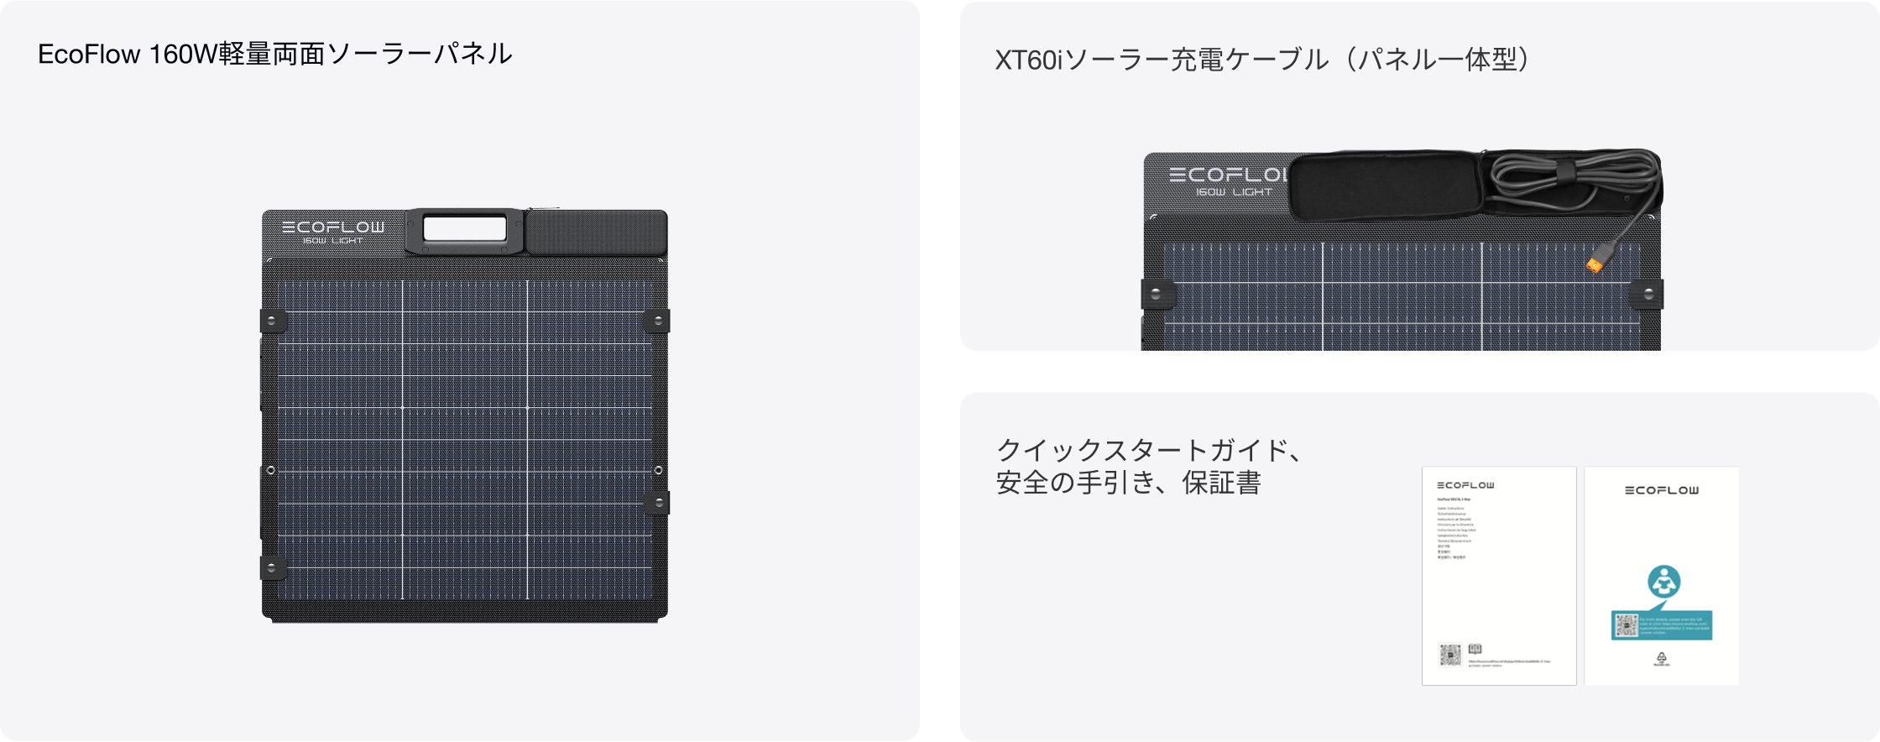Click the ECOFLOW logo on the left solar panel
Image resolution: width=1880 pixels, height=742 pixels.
point(333,227)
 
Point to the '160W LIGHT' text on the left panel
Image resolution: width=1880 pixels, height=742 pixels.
point(333,241)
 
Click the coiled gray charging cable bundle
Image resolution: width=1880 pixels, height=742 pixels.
point(1569,180)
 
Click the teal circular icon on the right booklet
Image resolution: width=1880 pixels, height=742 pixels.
point(1663,582)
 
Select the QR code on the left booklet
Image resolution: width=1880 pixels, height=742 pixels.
point(1450,655)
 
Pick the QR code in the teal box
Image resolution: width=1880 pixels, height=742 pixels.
point(1627,625)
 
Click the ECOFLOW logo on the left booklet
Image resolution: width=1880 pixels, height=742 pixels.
point(1465,485)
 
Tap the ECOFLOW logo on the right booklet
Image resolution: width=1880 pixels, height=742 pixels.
point(1662,490)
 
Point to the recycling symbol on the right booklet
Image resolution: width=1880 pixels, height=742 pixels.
point(1662,658)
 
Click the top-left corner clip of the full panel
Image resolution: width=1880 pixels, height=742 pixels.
point(272,321)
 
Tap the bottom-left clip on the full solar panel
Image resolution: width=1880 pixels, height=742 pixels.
point(272,567)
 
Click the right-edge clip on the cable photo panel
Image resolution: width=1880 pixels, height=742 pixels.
point(1648,294)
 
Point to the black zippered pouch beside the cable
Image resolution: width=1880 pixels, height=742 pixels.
point(1385,186)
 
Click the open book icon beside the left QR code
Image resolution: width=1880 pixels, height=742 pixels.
point(1475,649)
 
